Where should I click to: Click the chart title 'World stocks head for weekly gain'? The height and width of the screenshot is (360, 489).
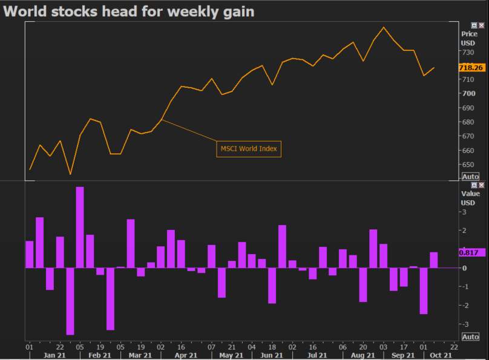[x=129, y=11]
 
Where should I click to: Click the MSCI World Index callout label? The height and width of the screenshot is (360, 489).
[x=249, y=148]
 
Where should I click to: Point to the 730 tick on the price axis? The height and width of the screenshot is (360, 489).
[x=468, y=53]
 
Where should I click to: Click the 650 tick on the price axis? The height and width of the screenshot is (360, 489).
[x=468, y=165]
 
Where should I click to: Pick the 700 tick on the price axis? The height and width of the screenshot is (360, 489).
[x=468, y=94]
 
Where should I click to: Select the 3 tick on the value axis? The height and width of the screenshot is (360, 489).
[x=465, y=212]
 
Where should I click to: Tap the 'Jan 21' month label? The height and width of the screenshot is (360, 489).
[x=54, y=356]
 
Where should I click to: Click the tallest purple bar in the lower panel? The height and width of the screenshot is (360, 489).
[x=80, y=227]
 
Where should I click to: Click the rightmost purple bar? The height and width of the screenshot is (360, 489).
[x=433, y=260]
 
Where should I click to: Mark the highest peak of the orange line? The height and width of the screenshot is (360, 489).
[x=384, y=27]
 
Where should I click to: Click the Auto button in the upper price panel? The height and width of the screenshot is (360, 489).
[x=470, y=177]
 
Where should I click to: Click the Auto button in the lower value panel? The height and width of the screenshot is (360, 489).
[x=470, y=336]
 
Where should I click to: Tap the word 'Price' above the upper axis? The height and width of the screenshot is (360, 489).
[x=469, y=34]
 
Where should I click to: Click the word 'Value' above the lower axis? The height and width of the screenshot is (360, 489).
[x=470, y=194]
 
